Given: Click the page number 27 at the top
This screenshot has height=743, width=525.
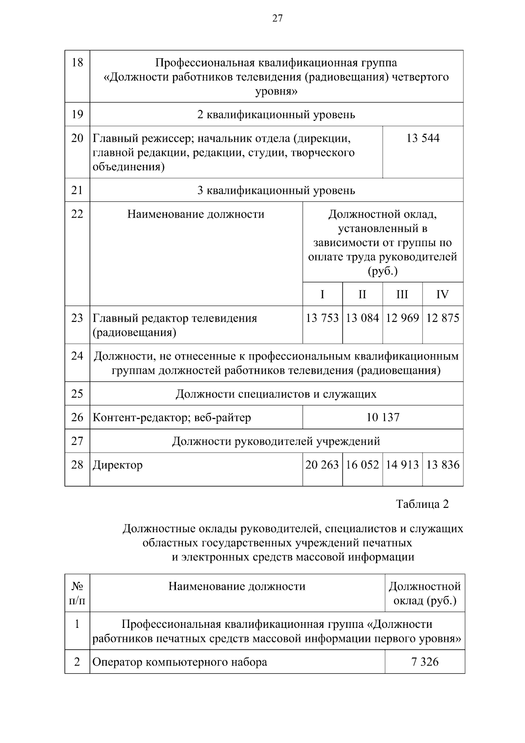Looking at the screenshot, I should pyautogui.click(x=277, y=18).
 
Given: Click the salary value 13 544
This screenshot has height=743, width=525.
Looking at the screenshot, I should pyautogui.click(x=423, y=138).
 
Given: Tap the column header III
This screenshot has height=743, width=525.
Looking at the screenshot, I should pyautogui.click(x=402, y=294).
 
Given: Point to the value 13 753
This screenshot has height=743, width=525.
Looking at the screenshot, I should pyautogui.click(x=322, y=318).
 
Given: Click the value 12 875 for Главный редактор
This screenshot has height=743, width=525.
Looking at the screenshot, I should pyautogui.click(x=442, y=318).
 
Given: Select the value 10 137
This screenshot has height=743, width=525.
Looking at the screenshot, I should pyautogui.click(x=383, y=417).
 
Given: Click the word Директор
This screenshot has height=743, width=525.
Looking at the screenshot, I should pyautogui.click(x=118, y=465).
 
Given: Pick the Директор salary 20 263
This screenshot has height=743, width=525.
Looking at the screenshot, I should pyautogui.click(x=322, y=465).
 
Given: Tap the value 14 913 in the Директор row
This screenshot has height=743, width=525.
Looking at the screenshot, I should pyautogui.click(x=402, y=465).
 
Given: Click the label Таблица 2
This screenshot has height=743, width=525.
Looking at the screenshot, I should pyautogui.click(x=422, y=504).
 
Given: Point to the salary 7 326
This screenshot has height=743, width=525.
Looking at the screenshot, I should pyautogui.click(x=425, y=662).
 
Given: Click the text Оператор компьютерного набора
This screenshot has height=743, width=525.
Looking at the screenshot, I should pyautogui.click(x=180, y=662).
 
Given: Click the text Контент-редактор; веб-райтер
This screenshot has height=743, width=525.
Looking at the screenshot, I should pyautogui.click(x=172, y=417).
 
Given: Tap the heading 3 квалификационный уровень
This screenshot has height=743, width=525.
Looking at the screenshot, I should pyautogui.click(x=276, y=190).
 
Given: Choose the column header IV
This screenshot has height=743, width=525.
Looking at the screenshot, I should pyautogui.click(x=442, y=294).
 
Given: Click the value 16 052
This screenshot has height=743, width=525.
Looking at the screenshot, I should pyautogui.click(x=362, y=465).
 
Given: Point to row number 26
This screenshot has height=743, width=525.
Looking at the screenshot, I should pyautogui.click(x=77, y=417).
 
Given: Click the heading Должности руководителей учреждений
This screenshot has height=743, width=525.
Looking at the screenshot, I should pyautogui.click(x=276, y=441).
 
